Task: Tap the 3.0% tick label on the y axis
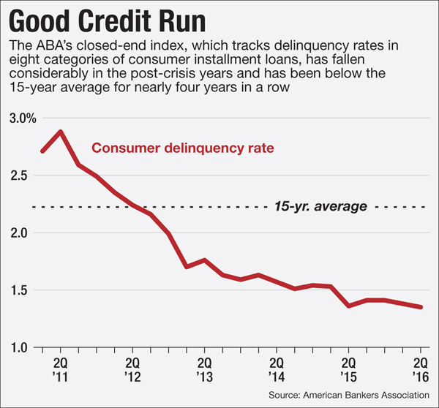pyautogui.click(x=20, y=118)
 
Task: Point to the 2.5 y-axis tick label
pyautogui.click(x=20, y=175)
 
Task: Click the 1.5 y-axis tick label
pyautogui.click(x=20, y=290)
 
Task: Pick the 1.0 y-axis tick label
pyautogui.click(x=20, y=347)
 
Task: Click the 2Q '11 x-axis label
pyautogui.click(x=61, y=369)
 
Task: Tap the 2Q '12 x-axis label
pyautogui.click(x=132, y=369)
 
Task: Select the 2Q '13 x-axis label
pyautogui.click(x=205, y=369)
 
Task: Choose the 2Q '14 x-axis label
pyautogui.click(x=277, y=369)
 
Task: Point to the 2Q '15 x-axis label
pyautogui.click(x=349, y=369)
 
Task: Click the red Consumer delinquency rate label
pyautogui.click(x=182, y=149)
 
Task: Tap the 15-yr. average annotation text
pyautogui.click(x=320, y=207)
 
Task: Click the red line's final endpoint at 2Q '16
pyautogui.click(x=421, y=307)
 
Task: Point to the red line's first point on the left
pyautogui.click(x=42, y=151)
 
